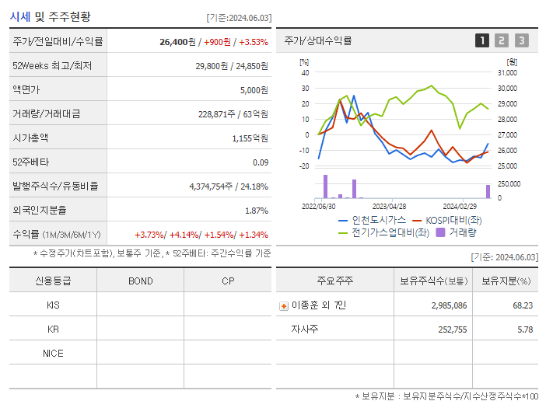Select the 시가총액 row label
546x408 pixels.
[30, 138]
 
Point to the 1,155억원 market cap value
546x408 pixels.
[250, 138]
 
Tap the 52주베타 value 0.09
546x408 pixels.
[261, 162]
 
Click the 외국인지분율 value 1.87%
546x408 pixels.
[256, 210]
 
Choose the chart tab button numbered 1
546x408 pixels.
[482, 40]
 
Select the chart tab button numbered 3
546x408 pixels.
[521, 40]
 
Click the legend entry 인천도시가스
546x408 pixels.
[373, 221]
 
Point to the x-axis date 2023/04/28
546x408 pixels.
[389, 207]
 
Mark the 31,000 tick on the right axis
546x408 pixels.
[507, 72]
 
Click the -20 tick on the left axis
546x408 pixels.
[304, 166]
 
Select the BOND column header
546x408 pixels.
[140, 281]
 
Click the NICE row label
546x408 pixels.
[53, 353]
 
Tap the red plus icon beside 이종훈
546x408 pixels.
[284, 305]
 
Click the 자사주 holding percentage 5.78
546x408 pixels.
[523, 330]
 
